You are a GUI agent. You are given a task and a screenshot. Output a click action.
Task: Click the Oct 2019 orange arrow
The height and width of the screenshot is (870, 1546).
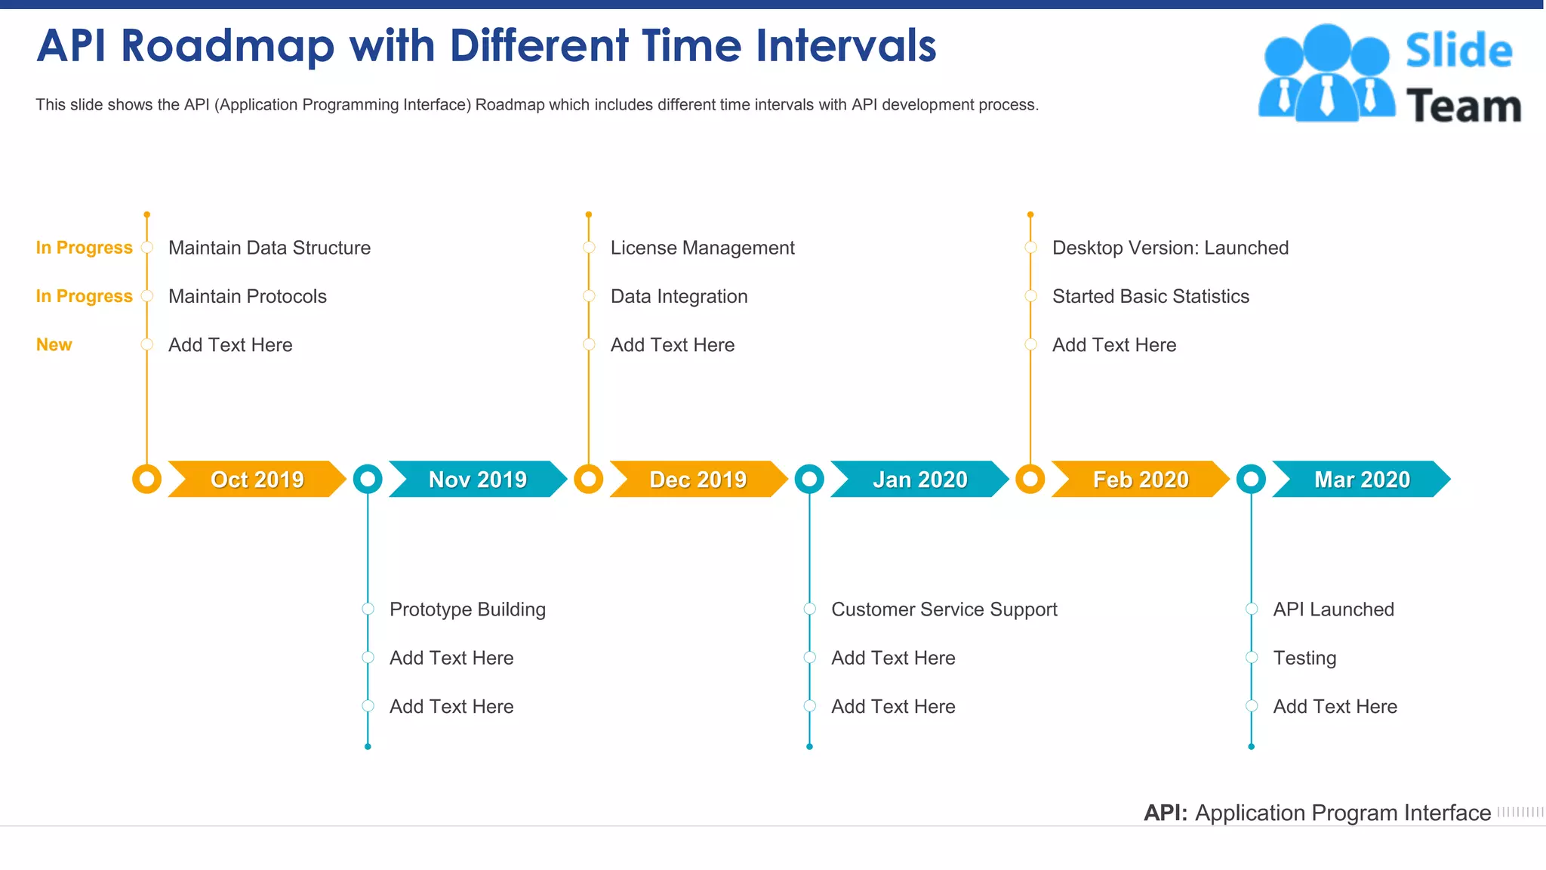[x=257, y=479]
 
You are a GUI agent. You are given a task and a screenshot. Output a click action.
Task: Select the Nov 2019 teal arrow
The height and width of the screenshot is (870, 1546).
[x=477, y=479]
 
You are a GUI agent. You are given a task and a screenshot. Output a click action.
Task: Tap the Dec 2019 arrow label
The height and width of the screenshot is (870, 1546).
[x=698, y=479]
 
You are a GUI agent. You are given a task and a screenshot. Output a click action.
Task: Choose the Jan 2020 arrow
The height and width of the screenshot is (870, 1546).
[x=919, y=479]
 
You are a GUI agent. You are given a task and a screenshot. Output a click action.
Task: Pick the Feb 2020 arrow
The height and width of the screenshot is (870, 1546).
[x=1140, y=479]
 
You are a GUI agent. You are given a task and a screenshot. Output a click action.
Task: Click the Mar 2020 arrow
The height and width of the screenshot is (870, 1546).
[x=1361, y=479]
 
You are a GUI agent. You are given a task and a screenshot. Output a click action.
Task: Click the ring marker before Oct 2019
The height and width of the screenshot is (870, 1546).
[x=146, y=479]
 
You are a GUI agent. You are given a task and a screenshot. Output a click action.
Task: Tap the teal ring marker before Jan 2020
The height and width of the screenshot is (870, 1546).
[x=809, y=479]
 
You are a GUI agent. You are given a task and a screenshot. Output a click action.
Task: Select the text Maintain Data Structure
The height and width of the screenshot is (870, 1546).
[x=269, y=248]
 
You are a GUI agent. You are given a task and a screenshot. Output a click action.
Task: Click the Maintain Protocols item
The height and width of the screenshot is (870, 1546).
[x=248, y=296]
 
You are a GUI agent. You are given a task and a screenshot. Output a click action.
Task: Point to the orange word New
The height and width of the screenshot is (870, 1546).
[x=54, y=344]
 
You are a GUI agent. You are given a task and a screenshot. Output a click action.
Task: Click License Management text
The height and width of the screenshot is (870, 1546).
[x=702, y=248]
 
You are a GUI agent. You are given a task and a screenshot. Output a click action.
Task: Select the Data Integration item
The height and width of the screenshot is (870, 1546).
[x=679, y=296]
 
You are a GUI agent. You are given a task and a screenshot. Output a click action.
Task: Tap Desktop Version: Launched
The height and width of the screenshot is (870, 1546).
[x=1170, y=248]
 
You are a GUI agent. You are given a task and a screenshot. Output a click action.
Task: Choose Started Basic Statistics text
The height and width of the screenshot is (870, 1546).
[x=1150, y=296]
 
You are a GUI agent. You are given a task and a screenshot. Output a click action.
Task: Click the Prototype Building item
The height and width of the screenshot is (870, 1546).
[x=467, y=609]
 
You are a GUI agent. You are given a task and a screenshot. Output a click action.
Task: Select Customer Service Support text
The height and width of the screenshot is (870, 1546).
[x=944, y=609]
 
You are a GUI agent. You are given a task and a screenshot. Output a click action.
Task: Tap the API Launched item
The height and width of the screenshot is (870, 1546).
[x=1333, y=609]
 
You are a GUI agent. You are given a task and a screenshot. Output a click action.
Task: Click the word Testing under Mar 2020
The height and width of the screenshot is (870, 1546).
[x=1304, y=658]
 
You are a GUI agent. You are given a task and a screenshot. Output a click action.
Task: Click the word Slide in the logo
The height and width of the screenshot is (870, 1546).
[x=1458, y=51]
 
